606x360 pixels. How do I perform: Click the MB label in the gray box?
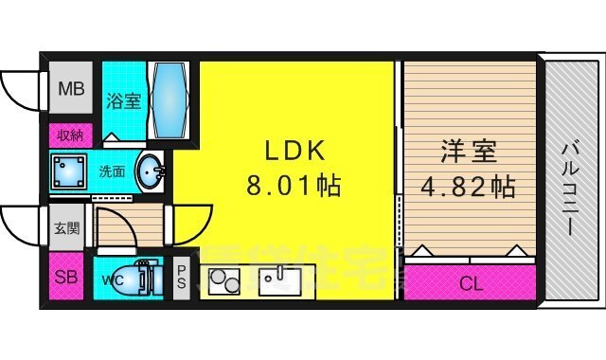(x=71, y=91)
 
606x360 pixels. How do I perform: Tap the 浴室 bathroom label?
(x=124, y=99)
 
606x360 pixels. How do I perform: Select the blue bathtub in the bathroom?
(x=170, y=99)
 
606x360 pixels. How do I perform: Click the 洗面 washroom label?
(x=113, y=172)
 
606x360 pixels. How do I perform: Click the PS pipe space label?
(x=181, y=279)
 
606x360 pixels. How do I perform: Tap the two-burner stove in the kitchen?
(x=224, y=282)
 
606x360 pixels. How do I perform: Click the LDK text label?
(x=294, y=150)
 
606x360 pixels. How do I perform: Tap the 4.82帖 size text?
(x=469, y=185)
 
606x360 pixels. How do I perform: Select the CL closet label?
(x=470, y=281)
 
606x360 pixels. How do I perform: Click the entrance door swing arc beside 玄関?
(x=21, y=225)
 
